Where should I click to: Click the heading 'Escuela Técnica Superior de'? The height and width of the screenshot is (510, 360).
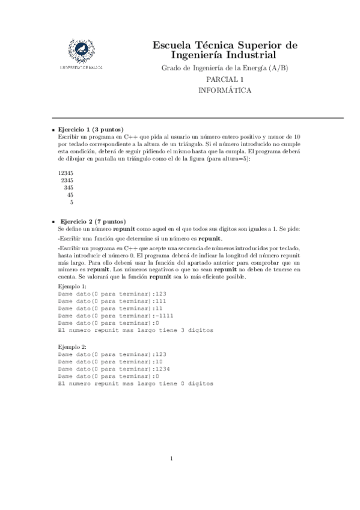225,45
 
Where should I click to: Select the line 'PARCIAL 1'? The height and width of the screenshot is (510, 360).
225,79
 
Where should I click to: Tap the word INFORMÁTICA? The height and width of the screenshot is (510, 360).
225,90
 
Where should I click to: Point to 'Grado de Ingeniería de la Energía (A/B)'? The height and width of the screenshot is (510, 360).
225,68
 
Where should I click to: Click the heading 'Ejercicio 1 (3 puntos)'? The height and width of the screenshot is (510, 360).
90,129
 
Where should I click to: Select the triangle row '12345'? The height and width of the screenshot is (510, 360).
66,173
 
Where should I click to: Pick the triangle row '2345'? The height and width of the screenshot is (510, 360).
67,180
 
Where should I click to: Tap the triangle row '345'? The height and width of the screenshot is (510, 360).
69,187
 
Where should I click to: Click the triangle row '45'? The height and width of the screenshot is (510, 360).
70,194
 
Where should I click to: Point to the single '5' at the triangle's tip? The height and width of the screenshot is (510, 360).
72,202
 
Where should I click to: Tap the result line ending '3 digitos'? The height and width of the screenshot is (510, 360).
135,330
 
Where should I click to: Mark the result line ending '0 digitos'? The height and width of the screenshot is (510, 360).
135,383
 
